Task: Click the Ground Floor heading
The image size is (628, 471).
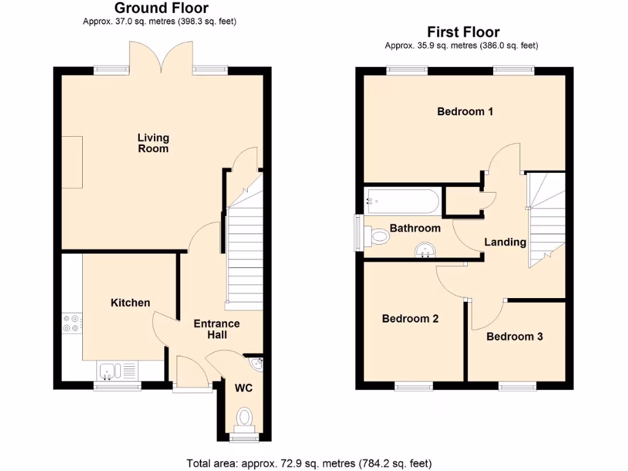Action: tap(161, 8)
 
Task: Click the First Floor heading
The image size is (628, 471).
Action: tap(463, 32)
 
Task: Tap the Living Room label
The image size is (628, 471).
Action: tap(153, 143)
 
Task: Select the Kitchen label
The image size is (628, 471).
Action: tap(130, 302)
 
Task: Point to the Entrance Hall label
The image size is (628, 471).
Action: tap(216, 329)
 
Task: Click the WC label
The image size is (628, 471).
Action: tap(243, 388)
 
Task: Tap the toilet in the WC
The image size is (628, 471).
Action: tap(244, 419)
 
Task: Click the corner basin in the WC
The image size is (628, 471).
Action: tap(256, 364)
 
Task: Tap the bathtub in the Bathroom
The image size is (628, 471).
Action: tap(401, 201)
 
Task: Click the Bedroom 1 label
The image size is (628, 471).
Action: tap(465, 112)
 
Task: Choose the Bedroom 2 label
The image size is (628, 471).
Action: tap(410, 319)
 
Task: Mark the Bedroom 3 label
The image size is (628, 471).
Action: tap(515, 336)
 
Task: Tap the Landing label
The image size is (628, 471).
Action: tap(505, 242)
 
